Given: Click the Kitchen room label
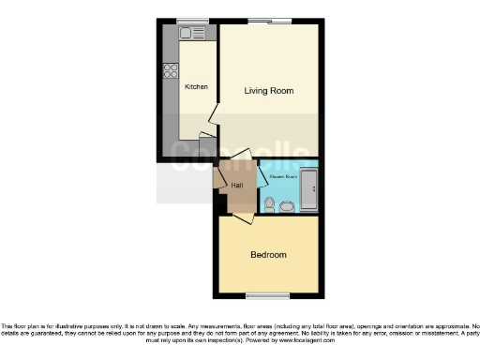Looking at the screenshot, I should [x=196, y=87].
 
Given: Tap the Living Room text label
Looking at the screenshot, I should [x=269, y=91].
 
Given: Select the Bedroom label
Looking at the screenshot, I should [x=268, y=254].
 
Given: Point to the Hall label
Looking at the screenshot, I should [x=237, y=184].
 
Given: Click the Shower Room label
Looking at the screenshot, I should [x=283, y=175].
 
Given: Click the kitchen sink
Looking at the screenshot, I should [x=192, y=34].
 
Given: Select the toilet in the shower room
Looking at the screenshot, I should [x=270, y=203].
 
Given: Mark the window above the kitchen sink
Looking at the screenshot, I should [x=192, y=21].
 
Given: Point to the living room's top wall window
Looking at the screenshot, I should [x=269, y=21].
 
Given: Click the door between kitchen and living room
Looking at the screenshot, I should [x=214, y=117].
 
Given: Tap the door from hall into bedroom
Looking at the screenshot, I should [x=243, y=218].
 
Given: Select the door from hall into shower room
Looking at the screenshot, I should [x=262, y=175].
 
